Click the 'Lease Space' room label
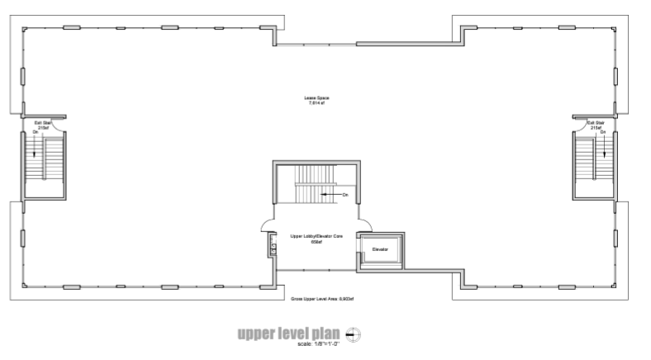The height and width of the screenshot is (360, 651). [x=318, y=98]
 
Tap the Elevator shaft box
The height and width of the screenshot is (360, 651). [x=380, y=249]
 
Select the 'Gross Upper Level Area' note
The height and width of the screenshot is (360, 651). [x=316, y=298]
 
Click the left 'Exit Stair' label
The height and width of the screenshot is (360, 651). [x=38, y=125]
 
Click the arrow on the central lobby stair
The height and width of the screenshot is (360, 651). [x=330, y=195]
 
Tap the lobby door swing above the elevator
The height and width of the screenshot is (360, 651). [x=364, y=225]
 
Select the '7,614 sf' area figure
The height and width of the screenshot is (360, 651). [x=318, y=104]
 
